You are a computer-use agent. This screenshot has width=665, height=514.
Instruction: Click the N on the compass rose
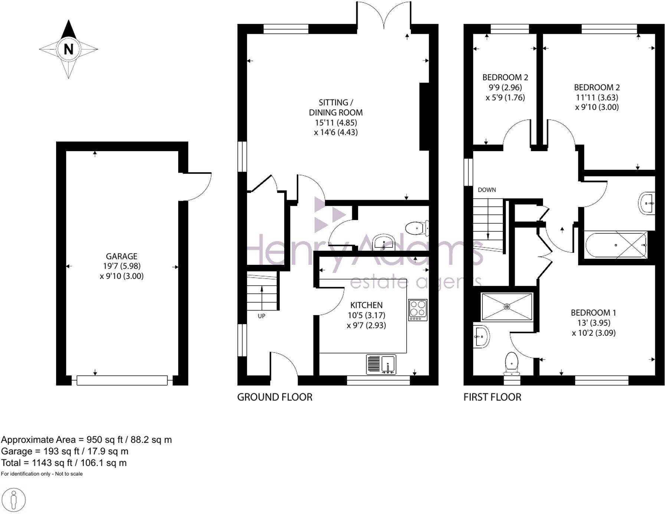(x=69, y=49)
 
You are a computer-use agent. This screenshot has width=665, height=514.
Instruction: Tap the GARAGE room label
(x=122, y=256)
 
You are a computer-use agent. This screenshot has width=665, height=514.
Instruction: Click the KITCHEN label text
(x=366, y=305)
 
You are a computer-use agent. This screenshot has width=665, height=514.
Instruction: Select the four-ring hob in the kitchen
(x=418, y=310)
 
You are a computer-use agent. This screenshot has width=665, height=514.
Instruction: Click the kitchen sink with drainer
(x=381, y=364)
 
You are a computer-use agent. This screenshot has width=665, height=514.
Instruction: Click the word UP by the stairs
(x=262, y=316)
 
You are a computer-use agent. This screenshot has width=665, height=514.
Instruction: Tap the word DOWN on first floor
(x=487, y=190)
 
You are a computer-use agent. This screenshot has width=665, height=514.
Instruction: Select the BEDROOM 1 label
(x=593, y=313)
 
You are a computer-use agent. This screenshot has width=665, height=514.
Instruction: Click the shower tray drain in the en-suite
(x=507, y=306)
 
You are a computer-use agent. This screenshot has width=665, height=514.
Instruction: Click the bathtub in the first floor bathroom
(x=616, y=245)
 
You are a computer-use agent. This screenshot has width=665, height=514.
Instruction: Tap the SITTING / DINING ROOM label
(x=336, y=107)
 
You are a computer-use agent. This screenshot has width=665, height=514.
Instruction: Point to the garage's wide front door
(x=122, y=380)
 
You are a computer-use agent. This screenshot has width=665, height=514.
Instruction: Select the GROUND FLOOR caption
(x=275, y=397)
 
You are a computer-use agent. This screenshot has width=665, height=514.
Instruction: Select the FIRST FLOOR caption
(x=492, y=397)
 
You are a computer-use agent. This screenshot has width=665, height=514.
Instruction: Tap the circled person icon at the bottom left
(x=14, y=500)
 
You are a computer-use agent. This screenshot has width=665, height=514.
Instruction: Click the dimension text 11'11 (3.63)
(x=596, y=97)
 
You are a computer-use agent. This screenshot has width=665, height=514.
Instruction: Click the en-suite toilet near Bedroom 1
(x=512, y=363)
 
